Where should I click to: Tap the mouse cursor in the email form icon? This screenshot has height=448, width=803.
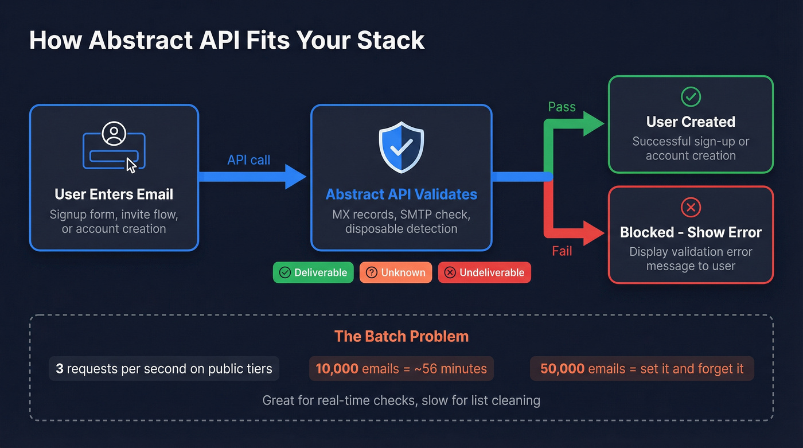point(131,165)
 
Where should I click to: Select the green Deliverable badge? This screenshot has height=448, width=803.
point(313,272)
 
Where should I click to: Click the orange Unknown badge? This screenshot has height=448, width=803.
point(395,272)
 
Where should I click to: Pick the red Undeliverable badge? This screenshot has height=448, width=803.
point(485,272)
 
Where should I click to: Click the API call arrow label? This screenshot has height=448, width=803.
point(248,160)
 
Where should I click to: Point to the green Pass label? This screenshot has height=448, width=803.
point(562,107)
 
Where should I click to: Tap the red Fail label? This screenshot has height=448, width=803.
point(562,251)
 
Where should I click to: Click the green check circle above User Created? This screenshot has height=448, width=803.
point(691,97)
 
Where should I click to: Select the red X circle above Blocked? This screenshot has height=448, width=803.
point(691,207)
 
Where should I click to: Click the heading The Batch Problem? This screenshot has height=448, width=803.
point(401,336)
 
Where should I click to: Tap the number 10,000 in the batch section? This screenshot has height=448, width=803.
point(337,369)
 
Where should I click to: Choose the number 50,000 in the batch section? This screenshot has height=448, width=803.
point(562,369)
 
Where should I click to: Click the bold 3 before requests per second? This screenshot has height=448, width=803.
point(60,369)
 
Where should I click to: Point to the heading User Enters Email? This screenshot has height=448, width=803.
point(114,194)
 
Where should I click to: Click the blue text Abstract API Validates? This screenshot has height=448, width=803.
point(401,194)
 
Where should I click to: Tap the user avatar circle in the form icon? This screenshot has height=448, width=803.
point(114,134)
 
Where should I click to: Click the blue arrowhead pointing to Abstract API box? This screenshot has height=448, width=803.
point(296,177)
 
